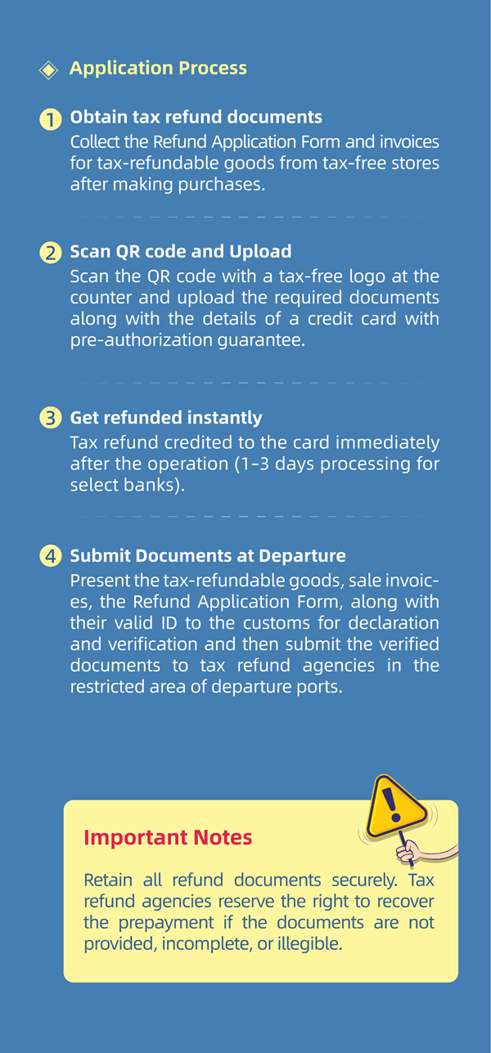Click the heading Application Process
(158, 68)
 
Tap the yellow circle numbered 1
(50, 119)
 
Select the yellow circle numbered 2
(50, 253)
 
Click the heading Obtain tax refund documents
(196, 118)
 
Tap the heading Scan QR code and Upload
(180, 251)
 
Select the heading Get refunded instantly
(166, 418)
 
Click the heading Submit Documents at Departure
(208, 556)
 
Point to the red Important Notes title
(168, 838)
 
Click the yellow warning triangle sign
(394, 804)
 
